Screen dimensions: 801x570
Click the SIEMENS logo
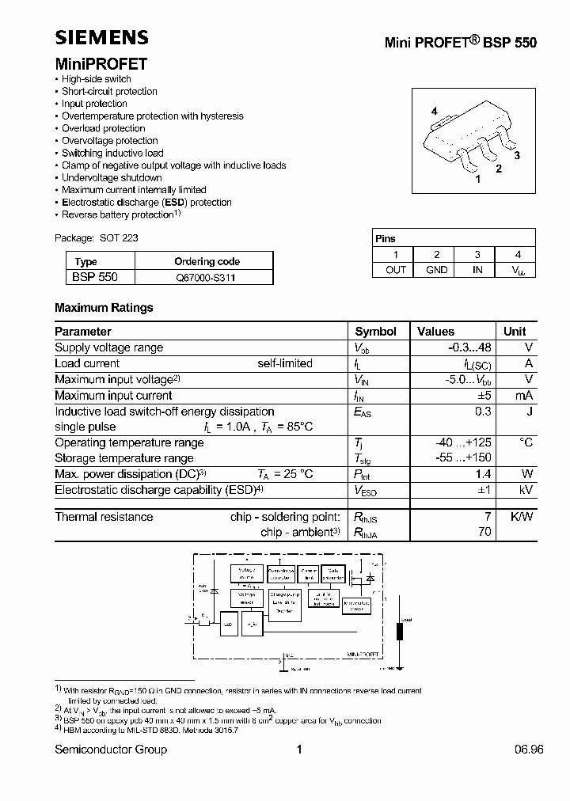[x=101, y=38]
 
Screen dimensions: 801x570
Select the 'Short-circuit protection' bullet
[x=109, y=92]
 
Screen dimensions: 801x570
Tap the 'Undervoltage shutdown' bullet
[x=112, y=178]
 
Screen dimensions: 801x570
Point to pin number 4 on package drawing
[x=434, y=112]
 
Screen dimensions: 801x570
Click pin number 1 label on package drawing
[x=477, y=180]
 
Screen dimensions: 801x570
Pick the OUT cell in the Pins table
[x=396, y=270]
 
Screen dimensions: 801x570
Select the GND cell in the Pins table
[x=436, y=270]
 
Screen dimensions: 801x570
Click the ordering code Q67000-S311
[x=205, y=278]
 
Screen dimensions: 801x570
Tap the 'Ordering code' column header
[x=207, y=261]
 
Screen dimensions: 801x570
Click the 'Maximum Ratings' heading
[x=104, y=308]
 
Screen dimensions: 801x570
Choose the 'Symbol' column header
[x=375, y=332]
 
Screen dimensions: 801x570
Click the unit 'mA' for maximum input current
[x=523, y=396]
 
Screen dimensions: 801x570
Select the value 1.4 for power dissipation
[x=483, y=474]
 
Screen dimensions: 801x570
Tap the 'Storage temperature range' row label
[x=123, y=458]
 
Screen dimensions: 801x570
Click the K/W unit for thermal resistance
[x=520, y=517]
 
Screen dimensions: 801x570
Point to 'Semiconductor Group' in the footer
[x=111, y=750]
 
